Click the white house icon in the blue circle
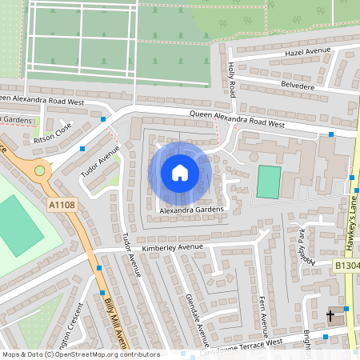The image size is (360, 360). point(180,172)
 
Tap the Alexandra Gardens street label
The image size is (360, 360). point(190,210)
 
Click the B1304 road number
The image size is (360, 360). point(346,265)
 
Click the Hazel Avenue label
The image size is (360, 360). point(306,53)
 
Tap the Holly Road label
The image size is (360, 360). point(232,79)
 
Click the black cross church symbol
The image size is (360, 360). point(330,316)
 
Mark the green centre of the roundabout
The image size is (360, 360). point(39,170)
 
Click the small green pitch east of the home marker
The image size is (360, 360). point(269,182)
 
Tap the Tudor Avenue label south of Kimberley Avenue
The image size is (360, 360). point(131,255)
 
